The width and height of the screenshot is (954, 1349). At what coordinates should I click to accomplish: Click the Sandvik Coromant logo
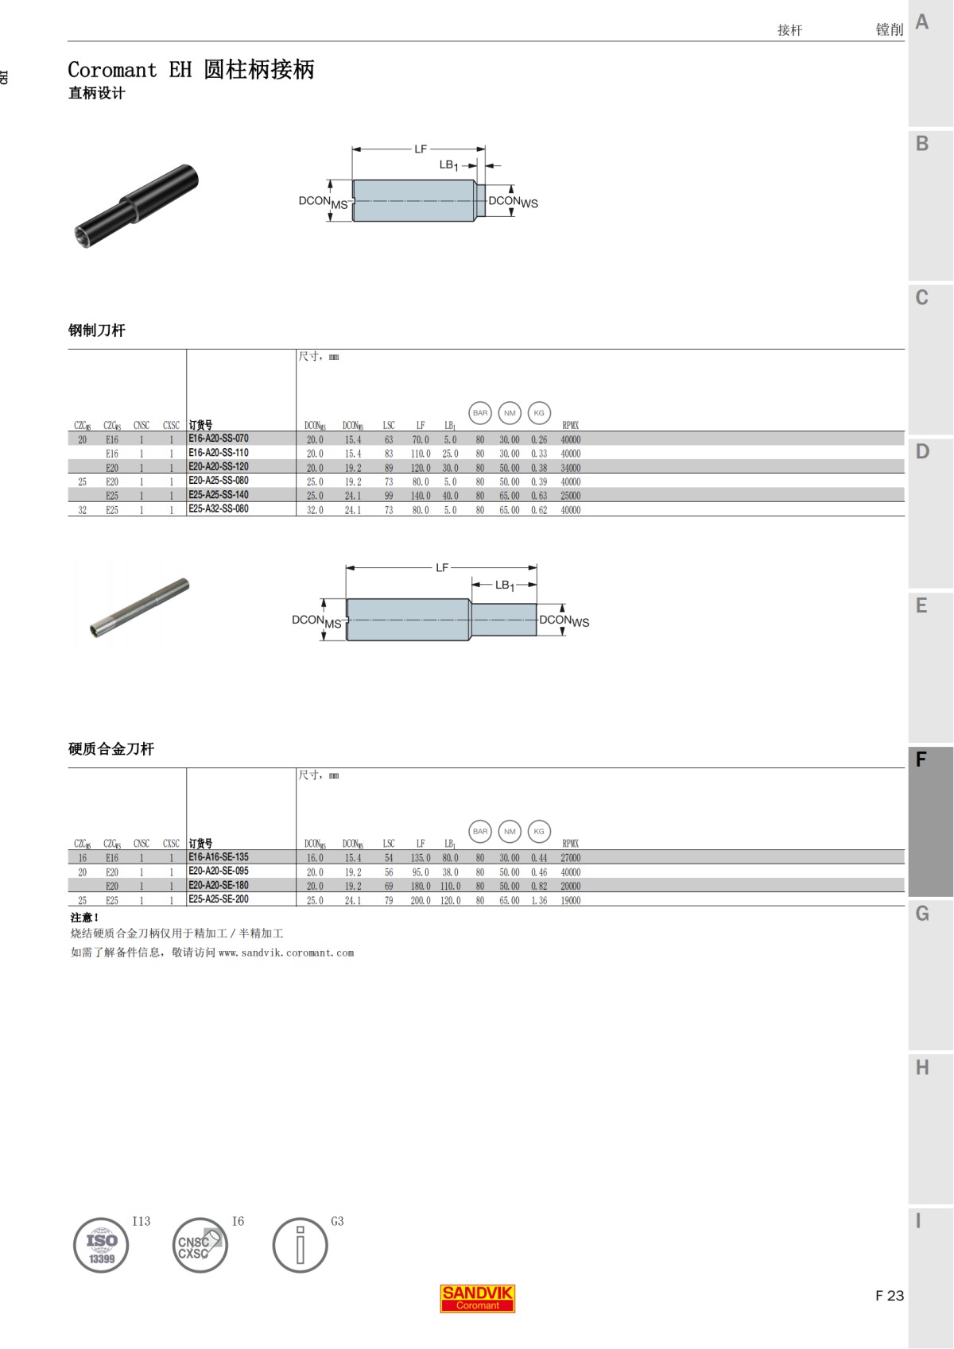(x=477, y=1298)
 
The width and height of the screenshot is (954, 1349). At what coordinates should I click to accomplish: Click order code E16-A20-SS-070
(x=219, y=439)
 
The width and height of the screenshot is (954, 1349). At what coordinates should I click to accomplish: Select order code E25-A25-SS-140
(x=219, y=495)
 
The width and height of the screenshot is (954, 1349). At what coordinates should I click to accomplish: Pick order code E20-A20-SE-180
(x=219, y=885)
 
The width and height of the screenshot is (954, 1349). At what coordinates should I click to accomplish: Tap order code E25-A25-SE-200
(x=219, y=899)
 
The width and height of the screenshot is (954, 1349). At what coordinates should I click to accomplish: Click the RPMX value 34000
(x=570, y=468)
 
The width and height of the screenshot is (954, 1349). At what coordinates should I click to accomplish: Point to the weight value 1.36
(x=539, y=901)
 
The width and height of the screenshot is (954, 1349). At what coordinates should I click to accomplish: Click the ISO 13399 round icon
(x=101, y=1246)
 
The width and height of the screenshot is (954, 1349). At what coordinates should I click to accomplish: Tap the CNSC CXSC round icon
(x=200, y=1246)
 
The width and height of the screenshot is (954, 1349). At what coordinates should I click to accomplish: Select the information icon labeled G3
(x=300, y=1246)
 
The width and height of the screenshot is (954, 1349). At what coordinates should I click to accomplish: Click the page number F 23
(x=889, y=1296)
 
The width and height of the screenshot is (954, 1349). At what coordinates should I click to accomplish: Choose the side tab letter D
(x=922, y=452)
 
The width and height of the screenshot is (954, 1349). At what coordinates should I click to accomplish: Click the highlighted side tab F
(x=921, y=760)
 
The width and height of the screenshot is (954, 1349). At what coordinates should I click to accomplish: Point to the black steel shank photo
(x=136, y=205)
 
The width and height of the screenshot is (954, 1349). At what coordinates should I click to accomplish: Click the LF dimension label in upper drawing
(x=421, y=149)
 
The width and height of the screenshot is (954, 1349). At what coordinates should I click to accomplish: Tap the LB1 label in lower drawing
(x=505, y=586)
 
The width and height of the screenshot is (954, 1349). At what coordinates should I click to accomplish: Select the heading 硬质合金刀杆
(x=111, y=748)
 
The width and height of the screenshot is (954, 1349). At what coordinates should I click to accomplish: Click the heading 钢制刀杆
(x=96, y=330)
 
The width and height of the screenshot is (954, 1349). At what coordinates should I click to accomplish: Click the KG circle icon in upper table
(x=539, y=413)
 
